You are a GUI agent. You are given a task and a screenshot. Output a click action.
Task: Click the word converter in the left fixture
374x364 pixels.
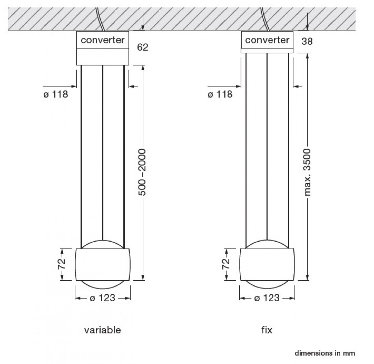click(x=103, y=40)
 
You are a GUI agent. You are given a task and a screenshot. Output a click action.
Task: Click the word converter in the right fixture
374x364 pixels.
click(x=267, y=40)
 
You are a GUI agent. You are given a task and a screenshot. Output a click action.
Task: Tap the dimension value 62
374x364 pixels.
click(x=143, y=47)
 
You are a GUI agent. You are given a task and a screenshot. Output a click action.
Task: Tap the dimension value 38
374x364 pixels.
click(x=307, y=42)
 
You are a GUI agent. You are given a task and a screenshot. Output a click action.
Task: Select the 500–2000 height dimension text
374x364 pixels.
click(x=142, y=172)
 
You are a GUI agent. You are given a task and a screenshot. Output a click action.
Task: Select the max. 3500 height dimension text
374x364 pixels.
click(x=307, y=172)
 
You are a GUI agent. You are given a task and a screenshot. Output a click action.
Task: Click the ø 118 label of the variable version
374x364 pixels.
click(x=56, y=94)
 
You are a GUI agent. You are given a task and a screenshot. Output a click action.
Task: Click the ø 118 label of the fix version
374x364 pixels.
click(x=220, y=94)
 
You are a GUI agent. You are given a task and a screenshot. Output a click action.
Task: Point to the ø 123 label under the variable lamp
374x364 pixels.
click(x=103, y=298)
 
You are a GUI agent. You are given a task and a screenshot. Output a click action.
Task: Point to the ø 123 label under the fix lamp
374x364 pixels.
click(x=267, y=298)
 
